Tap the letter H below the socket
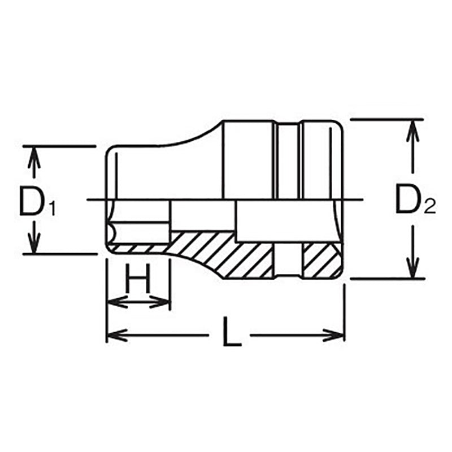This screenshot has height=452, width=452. coord(138,278)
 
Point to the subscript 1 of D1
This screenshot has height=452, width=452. coord(51,209)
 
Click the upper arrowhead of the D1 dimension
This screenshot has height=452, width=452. coord(34,154)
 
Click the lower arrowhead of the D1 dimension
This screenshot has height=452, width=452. coord(34,247)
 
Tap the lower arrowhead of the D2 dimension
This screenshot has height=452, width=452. coord(414,270)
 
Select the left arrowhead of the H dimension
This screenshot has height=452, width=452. coord(113,302)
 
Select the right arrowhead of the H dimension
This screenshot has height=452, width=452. coord(164,302)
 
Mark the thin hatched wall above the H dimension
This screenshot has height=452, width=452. coord(138,249)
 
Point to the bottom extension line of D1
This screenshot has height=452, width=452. coord(62,254)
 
